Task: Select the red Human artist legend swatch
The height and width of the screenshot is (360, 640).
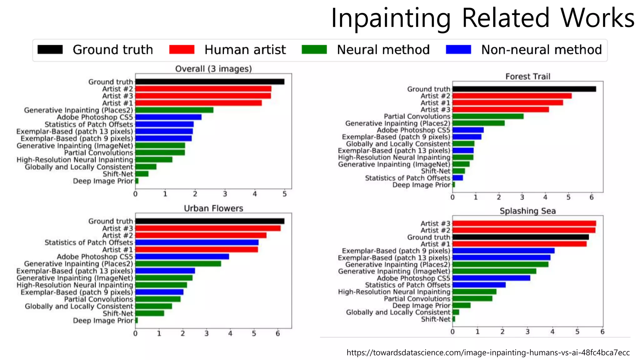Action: [182, 50]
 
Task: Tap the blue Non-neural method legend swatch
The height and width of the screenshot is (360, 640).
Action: [458, 50]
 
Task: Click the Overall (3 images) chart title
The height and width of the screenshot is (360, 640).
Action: [213, 69]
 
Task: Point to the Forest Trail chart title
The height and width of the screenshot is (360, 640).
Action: [527, 76]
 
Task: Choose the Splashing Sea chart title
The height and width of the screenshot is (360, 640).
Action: [527, 211]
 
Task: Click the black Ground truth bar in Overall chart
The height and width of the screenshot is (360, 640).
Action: [209, 82]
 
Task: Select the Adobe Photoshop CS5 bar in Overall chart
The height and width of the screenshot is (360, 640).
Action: [168, 117]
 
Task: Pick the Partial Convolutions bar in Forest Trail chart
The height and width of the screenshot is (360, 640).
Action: [488, 116]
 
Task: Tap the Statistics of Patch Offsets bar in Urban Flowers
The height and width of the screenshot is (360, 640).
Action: [197, 242]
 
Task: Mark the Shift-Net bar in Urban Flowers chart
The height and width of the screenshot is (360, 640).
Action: [150, 313]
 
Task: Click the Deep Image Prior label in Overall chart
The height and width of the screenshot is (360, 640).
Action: [103, 181]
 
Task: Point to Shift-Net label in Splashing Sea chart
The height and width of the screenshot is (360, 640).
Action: [435, 319]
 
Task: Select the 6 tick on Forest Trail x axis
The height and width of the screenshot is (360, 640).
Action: [591, 197]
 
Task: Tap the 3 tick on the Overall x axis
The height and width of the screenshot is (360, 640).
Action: [225, 194]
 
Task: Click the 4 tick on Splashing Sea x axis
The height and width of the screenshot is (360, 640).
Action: [552, 332]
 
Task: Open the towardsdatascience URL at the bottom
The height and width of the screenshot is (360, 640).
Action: [488, 352]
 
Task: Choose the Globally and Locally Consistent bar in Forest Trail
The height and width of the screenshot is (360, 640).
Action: [463, 144]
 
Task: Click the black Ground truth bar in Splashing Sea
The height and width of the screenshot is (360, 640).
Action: [520, 237]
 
